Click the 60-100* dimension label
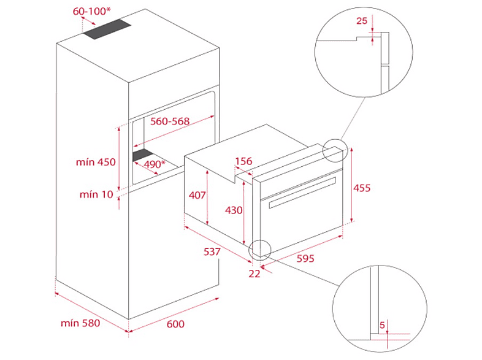point(91,11)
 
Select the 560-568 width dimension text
point(170,121)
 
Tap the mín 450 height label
point(96,162)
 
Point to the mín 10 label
point(96,194)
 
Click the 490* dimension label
point(155,164)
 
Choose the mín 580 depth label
point(80,323)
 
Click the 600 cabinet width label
point(175,324)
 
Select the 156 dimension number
point(243,161)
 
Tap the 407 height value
point(197,195)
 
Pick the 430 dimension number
point(234,210)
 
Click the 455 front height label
point(362,188)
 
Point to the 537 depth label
point(212,251)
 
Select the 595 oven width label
point(305,258)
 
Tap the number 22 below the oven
point(254,274)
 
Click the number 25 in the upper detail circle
point(362,21)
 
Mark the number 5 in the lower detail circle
point(382,325)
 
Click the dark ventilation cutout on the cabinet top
point(107,29)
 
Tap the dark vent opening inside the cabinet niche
point(143,155)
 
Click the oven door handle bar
point(302,193)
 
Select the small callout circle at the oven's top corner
point(323,151)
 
